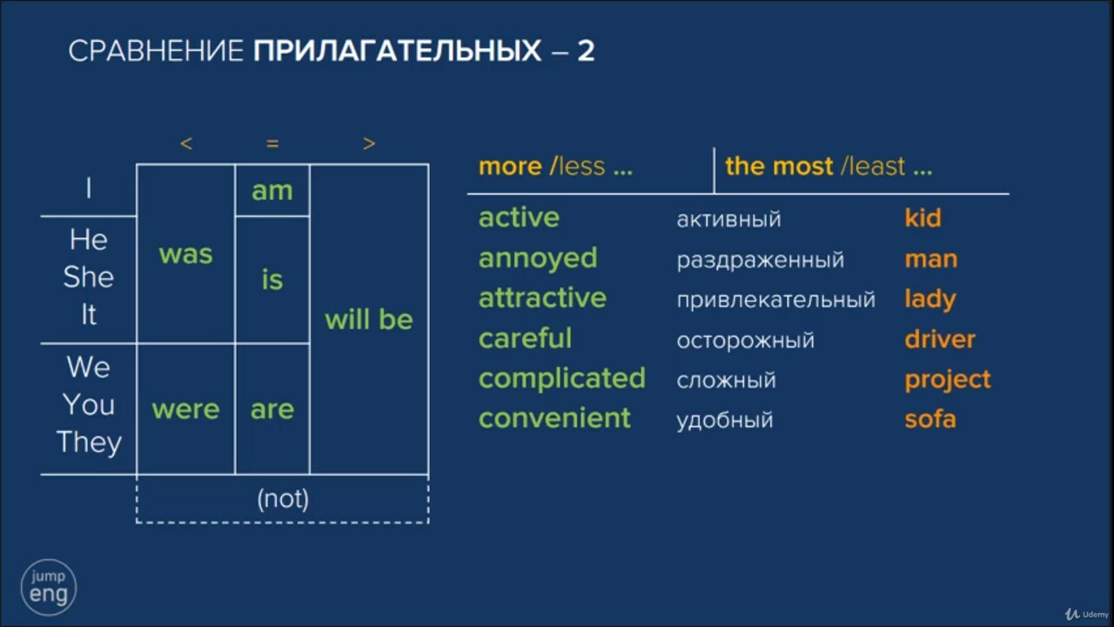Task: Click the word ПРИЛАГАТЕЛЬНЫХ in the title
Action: pos(397,51)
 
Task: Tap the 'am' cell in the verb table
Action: pos(272,191)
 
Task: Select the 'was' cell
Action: pos(185,253)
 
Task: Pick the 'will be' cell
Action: pos(368,319)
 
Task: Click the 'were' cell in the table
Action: pos(185,409)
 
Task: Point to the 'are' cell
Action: pos(272,409)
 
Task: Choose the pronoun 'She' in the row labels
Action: pos(89,277)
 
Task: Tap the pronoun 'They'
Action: pos(89,442)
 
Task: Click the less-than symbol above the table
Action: pos(186,144)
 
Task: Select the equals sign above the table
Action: pos(272,144)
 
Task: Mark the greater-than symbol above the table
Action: pos(369,144)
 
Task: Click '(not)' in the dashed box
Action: pos(283,499)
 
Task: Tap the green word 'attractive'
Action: pos(542,298)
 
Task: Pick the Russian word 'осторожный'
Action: pos(746,340)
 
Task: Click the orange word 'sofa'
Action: pos(930,419)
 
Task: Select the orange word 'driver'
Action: pos(940,339)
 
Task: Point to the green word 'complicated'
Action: pos(562,379)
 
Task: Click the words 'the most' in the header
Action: pos(779,165)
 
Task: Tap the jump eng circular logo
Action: pos(48,587)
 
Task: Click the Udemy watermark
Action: pos(1087,615)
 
